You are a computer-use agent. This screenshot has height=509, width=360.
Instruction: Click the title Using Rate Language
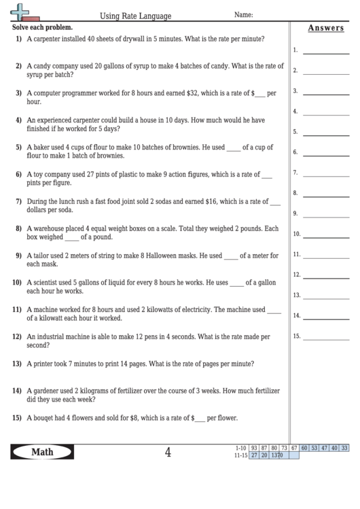tap(136, 16)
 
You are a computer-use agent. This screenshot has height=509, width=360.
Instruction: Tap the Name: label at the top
tap(244, 14)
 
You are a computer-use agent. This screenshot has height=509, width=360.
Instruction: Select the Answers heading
tap(325, 29)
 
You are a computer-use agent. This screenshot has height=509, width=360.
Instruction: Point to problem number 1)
tap(18, 39)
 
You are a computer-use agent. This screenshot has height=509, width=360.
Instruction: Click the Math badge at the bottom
tap(42, 452)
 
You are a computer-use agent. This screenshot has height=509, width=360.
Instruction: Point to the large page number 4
tap(168, 453)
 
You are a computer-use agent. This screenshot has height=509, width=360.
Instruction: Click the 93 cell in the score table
tap(254, 448)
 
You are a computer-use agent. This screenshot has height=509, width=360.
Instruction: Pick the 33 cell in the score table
tap(344, 448)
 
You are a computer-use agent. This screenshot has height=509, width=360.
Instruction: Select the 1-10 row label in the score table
tap(240, 448)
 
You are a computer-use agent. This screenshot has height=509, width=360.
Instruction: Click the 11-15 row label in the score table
tap(239, 455)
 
